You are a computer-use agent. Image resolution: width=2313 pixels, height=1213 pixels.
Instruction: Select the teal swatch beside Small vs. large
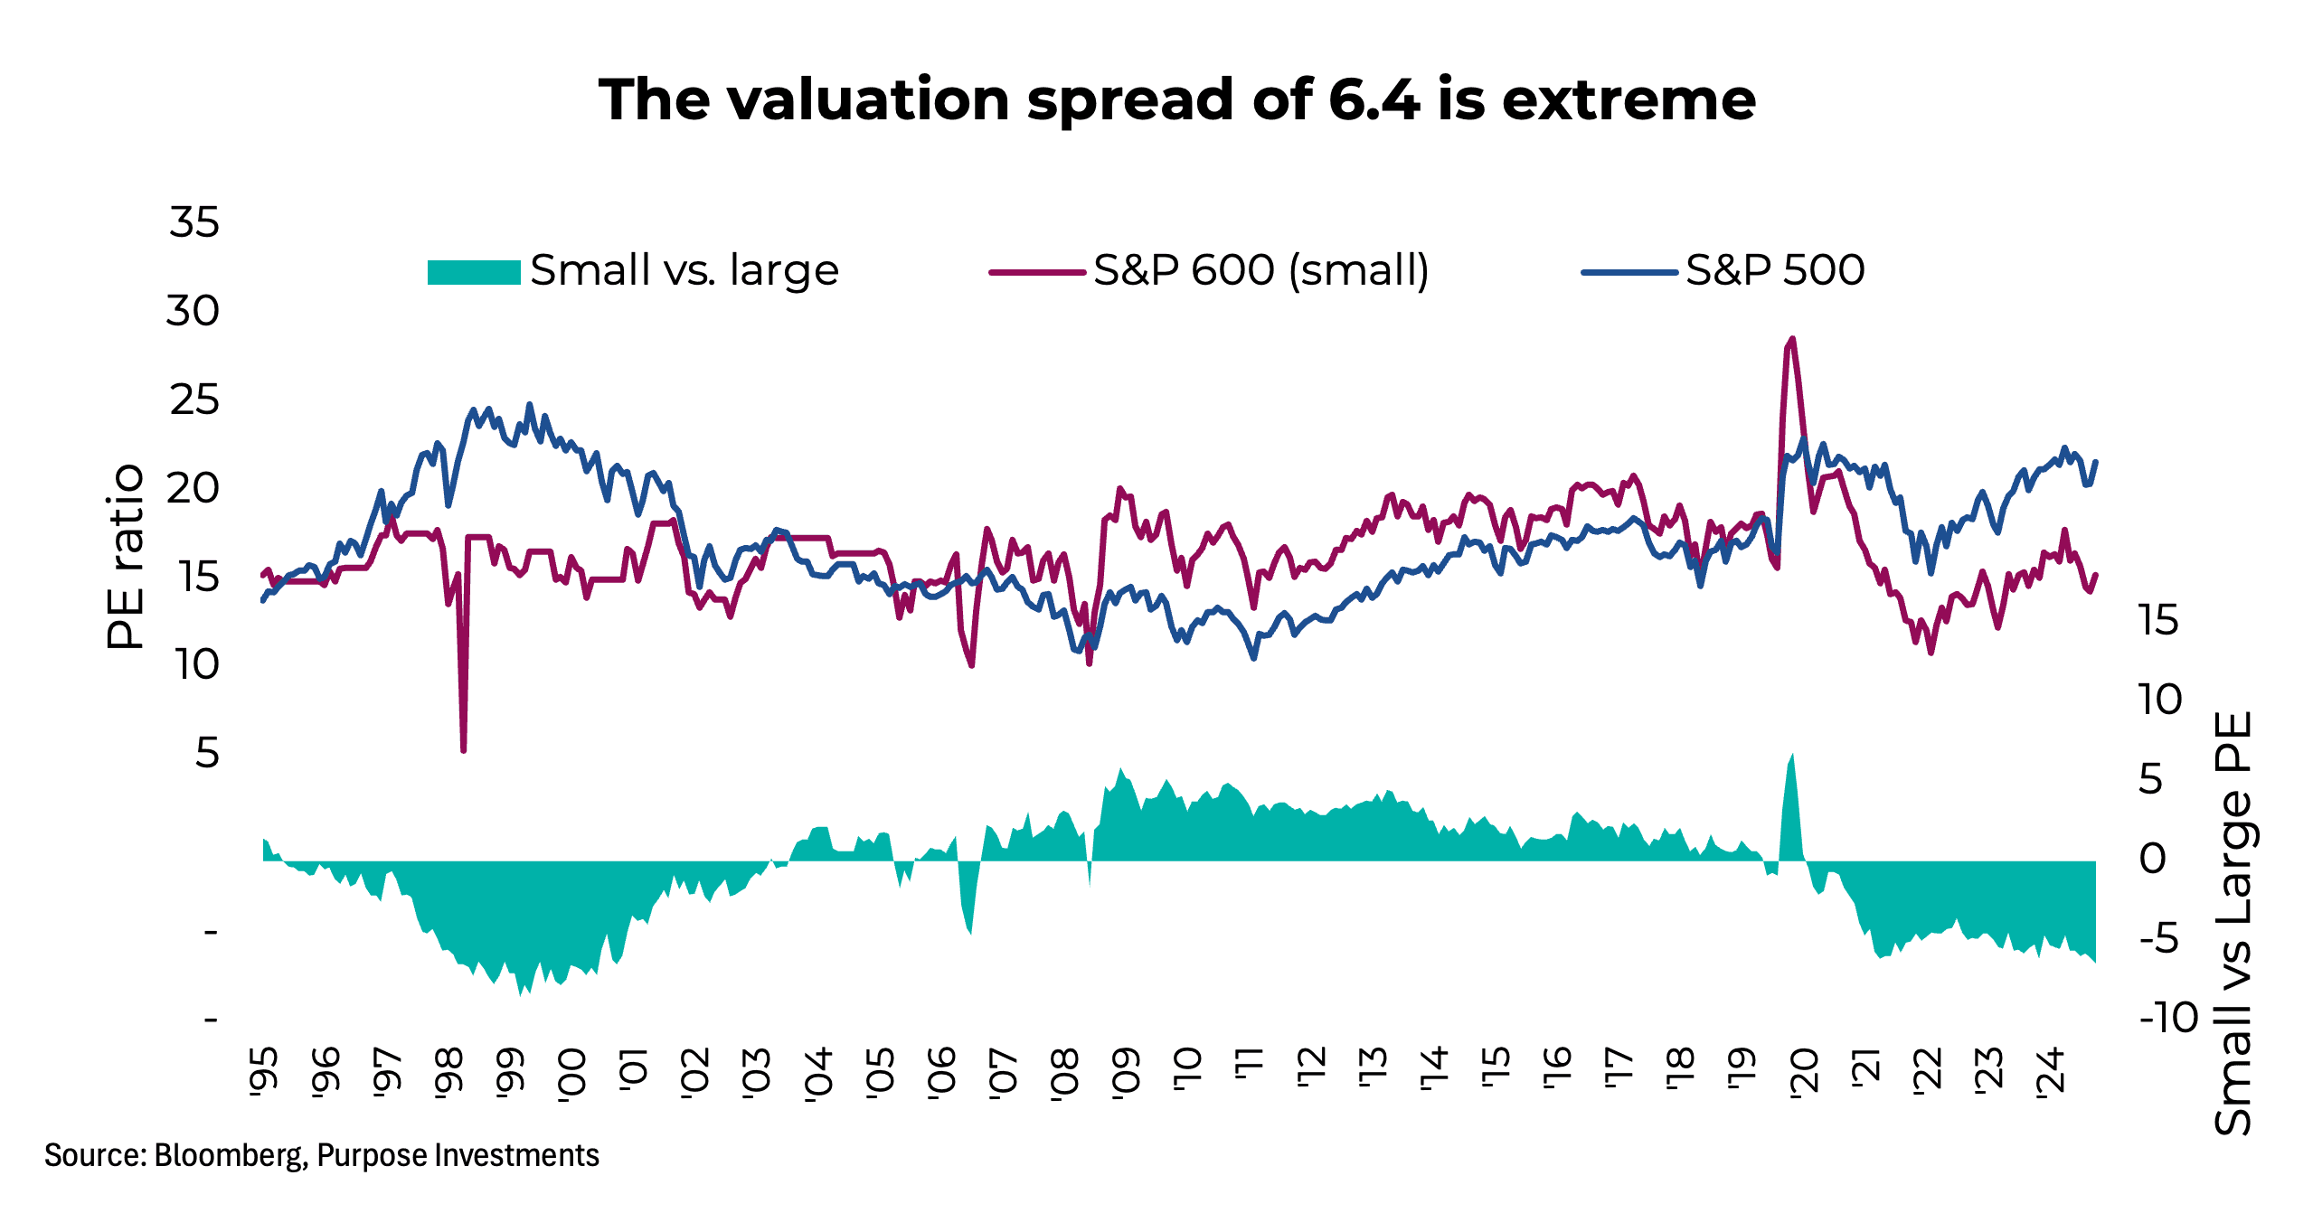pyautogui.click(x=473, y=271)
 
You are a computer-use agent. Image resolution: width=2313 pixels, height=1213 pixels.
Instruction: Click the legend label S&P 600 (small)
pyautogui.click(x=1260, y=270)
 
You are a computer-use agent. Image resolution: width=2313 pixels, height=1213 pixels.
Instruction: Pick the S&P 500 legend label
pyautogui.click(x=1774, y=270)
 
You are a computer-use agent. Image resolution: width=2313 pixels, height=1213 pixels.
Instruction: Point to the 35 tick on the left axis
pyautogui.click(x=194, y=222)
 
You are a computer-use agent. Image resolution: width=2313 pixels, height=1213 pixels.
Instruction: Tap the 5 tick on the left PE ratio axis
pyautogui.click(x=207, y=753)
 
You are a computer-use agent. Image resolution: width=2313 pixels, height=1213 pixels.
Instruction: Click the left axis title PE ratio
pyautogui.click(x=125, y=557)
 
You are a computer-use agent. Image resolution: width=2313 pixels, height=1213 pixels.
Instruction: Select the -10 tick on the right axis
pyautogui.click(x=2168, y=1019)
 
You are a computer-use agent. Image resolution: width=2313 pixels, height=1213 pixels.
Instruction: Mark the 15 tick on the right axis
pyautogui.click(x=2159, y=621)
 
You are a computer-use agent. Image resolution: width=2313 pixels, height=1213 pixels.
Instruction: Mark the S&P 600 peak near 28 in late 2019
pyautogui.click(x=1792, y=340)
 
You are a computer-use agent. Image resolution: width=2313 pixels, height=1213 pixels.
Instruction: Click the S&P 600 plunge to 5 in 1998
pyautogui.click(x=463, y=748)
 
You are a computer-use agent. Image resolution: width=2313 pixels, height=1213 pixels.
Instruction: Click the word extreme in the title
pyautogui.click(x=1629, y=99)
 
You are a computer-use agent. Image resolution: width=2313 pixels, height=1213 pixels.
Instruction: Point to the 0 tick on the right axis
pyautogui.click(x=2152, y=860)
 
